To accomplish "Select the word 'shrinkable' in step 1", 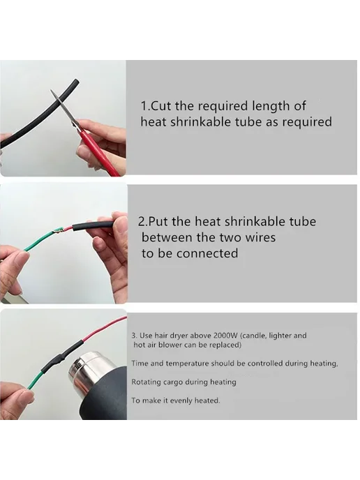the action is [200, 122].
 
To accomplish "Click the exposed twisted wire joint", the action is [58, 231].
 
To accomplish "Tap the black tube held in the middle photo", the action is [93, 225].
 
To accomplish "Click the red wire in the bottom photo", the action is [104, 328].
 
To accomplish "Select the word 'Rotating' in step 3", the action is [146, 382].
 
